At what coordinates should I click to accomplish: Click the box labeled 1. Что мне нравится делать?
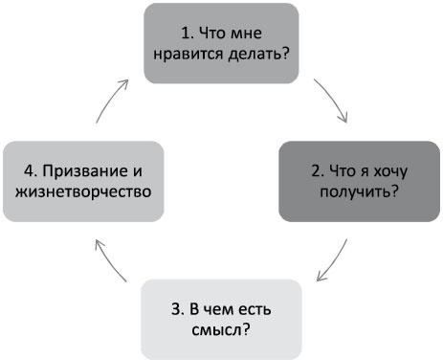coord(220,42)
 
